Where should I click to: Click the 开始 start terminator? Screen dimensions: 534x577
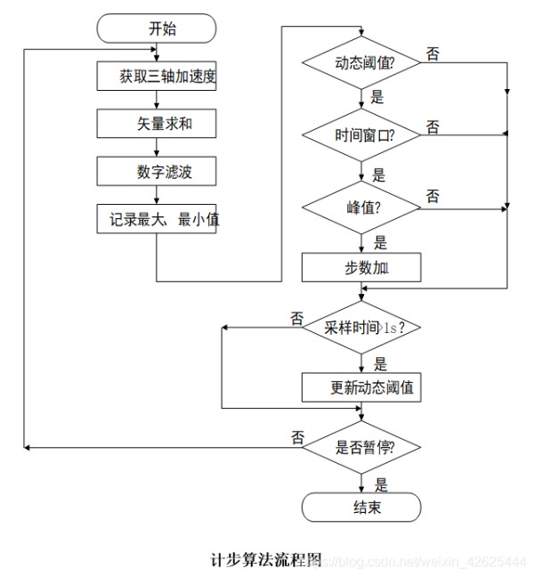pos(157,28)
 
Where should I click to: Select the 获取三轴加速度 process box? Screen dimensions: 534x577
pos(157,76)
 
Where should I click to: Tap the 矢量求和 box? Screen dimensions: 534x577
pos(157,123)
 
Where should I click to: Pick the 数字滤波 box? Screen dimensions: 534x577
pos(157,171)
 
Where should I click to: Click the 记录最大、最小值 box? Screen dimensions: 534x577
pos(157,219)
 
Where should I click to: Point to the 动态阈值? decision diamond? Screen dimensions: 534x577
pos(361,62)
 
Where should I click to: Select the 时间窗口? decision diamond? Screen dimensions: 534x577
pos(361,135)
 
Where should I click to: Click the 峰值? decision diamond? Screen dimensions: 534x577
pos(361,207)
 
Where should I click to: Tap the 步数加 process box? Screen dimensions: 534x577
pos(361,267)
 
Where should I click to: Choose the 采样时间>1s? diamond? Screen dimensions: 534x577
pos(361,327)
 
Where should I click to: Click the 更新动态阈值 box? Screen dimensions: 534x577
pos(361,387)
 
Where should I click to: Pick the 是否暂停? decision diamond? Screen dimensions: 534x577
pos(361,447)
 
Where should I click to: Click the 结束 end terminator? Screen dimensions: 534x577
pos(361,507)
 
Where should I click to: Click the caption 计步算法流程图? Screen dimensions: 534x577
pos(266,560)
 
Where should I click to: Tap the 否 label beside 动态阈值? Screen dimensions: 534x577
pos(433,53)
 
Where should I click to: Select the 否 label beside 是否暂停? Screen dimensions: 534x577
pos(297,437)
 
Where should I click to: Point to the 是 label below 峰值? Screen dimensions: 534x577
pos(380,243)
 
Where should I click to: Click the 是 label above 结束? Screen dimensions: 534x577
pos(381,484)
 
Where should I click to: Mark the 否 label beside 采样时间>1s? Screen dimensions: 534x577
pos(296,319)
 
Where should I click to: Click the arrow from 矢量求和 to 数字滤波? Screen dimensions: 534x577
pos(157,147)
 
